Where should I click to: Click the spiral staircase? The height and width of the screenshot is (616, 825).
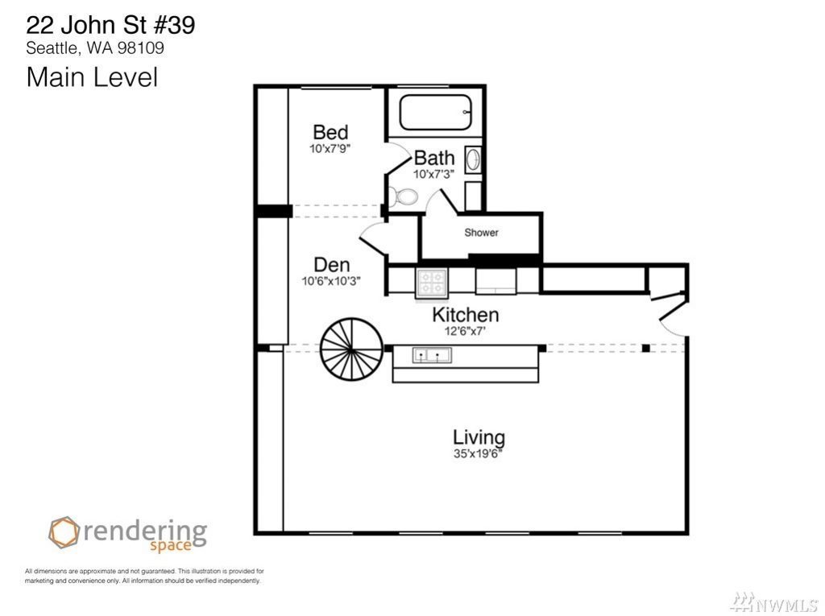351,348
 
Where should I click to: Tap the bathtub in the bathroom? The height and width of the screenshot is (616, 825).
435,112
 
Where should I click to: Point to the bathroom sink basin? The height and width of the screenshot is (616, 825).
472,159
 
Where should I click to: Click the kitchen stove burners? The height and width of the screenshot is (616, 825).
432,282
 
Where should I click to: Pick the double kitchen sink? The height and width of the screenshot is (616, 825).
432,356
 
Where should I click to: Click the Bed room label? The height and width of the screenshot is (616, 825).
330,131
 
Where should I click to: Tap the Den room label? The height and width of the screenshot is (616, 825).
331,264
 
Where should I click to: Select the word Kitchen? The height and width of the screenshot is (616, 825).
465,315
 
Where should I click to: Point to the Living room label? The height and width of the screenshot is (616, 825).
479,438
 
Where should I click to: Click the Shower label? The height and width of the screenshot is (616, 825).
481,232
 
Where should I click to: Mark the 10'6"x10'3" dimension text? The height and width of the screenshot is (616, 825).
331,281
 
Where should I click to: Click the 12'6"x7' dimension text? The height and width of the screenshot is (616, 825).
465,331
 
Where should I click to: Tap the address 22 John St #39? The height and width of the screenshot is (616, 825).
110,25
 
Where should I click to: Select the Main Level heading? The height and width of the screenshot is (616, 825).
92,76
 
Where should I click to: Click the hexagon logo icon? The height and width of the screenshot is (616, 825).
64,532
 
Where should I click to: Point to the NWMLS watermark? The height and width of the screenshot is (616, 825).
776,603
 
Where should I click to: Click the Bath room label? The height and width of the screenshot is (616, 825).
434,157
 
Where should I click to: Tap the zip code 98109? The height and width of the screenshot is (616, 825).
140,48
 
